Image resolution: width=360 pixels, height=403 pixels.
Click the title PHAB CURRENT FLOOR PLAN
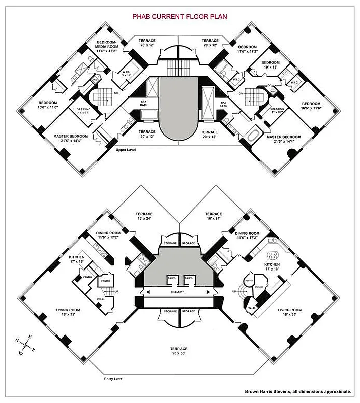click(179, 16)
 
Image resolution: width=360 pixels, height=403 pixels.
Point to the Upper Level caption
click(126, 150)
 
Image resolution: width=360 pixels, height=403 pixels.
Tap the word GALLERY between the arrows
click(177, 292)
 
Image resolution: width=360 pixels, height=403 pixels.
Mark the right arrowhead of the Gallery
click(209, 292)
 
